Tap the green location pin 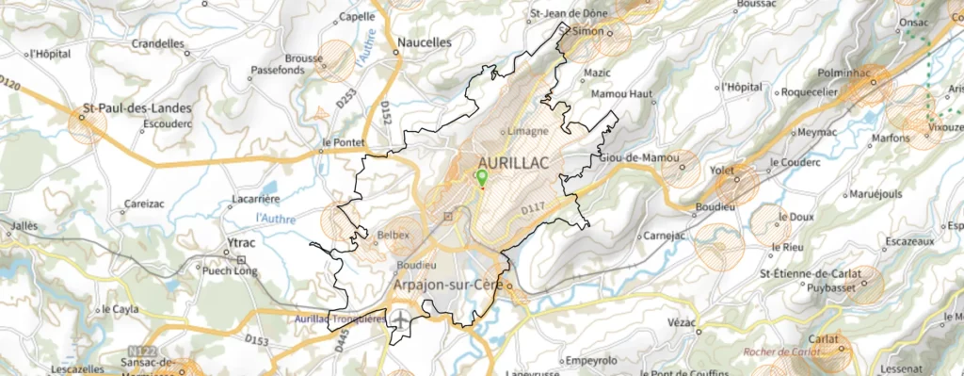click(x=482, y=177)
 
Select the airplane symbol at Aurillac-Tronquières click(x=403, y=319)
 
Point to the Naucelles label click(x=425, y=42)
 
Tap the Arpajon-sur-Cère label click(x=446, y=283)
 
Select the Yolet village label click(x=722, y=171)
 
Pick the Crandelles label click(x=159, y=43)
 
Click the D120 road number click(x=10, y=85)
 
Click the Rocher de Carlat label click(x=781, y=351)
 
